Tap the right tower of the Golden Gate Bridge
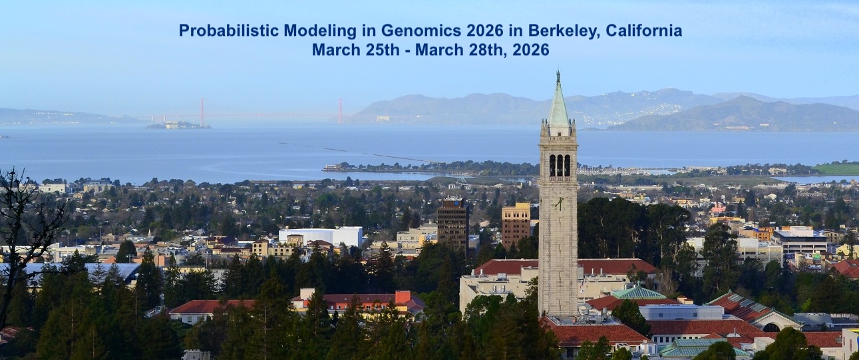coord(340,110)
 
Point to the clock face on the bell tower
coord(558,203)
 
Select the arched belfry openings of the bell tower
coord(559,166)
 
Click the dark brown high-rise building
coord(452,224)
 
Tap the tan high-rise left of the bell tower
coord(516,225)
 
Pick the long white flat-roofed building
coord(321,236)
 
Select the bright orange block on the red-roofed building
coord(403,297)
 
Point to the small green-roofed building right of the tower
coord(637,293)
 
